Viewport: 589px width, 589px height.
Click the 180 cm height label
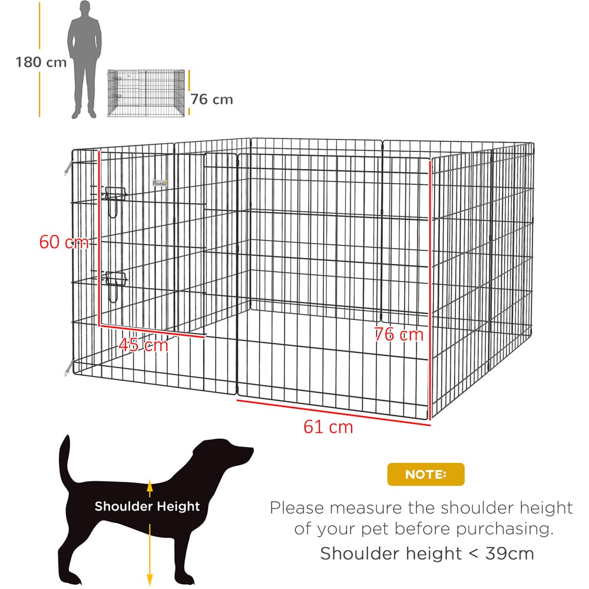41,62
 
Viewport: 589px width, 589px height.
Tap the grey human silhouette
84,60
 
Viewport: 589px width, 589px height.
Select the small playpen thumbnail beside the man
146,93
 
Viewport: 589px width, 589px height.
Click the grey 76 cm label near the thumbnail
211,100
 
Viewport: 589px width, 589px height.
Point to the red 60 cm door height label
64,241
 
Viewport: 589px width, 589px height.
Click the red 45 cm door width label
143,345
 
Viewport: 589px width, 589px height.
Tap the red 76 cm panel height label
399,335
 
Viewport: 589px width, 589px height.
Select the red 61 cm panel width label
328,427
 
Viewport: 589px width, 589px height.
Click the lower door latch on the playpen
115,286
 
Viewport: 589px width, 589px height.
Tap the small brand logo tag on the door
160,183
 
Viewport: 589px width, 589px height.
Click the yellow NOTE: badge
426,474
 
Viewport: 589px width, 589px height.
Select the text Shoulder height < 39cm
427,553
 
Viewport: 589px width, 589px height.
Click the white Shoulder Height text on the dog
147,506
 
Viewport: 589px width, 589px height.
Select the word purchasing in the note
505,529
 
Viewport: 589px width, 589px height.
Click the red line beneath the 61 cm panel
333,413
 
